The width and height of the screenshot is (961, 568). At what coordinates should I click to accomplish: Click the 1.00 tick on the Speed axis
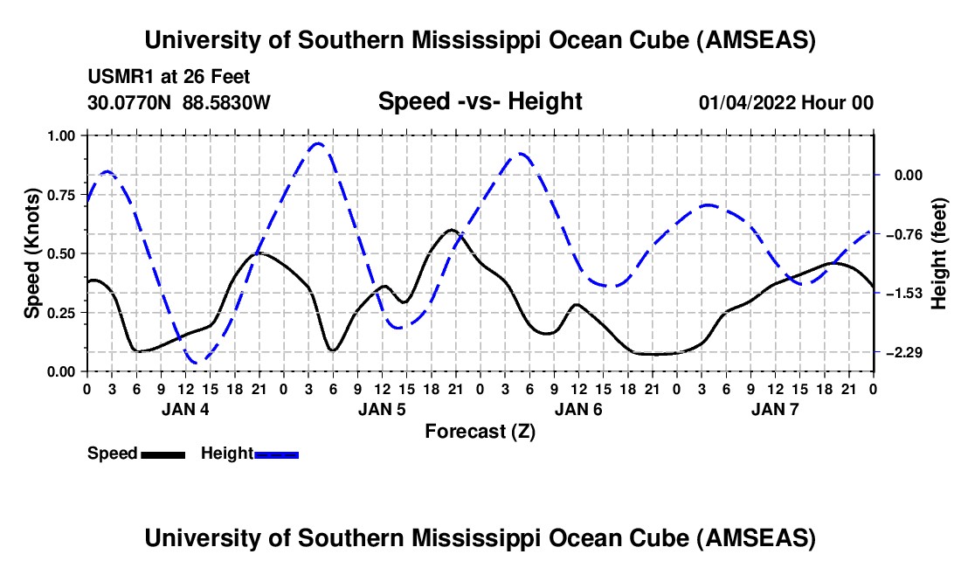coord(61,135)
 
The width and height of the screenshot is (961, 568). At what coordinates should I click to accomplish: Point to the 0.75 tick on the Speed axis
coord(61,195)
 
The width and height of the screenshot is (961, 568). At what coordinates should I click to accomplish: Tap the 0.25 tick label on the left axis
coord(61,313)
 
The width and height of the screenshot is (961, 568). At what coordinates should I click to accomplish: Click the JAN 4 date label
coord(185,409)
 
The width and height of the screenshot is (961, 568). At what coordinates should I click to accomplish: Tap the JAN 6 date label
coord(578,409)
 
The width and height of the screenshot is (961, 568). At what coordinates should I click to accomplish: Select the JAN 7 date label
coord(775,409)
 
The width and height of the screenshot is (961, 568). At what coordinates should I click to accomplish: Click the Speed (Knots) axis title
coord(31,253)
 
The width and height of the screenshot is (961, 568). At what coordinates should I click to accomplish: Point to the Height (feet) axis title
coord(938,253)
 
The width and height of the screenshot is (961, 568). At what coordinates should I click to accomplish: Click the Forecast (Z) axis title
coord(480,432)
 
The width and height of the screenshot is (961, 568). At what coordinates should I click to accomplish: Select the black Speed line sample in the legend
coord(163,455)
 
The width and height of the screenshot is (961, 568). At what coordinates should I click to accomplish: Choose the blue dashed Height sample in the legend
coord(276,455)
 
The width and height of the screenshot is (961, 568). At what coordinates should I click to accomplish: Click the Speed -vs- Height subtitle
coord(480,101)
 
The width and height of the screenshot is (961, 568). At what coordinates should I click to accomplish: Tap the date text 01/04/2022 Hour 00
coord(785,102)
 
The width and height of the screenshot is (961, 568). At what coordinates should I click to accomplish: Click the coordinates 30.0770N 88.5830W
coord(178,102)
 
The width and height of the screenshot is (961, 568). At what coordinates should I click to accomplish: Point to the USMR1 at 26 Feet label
coord(169,77)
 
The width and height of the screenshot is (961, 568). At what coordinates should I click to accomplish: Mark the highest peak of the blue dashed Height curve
coord(317,143)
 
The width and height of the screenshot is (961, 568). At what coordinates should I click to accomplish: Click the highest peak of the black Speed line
coord(452,230)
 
